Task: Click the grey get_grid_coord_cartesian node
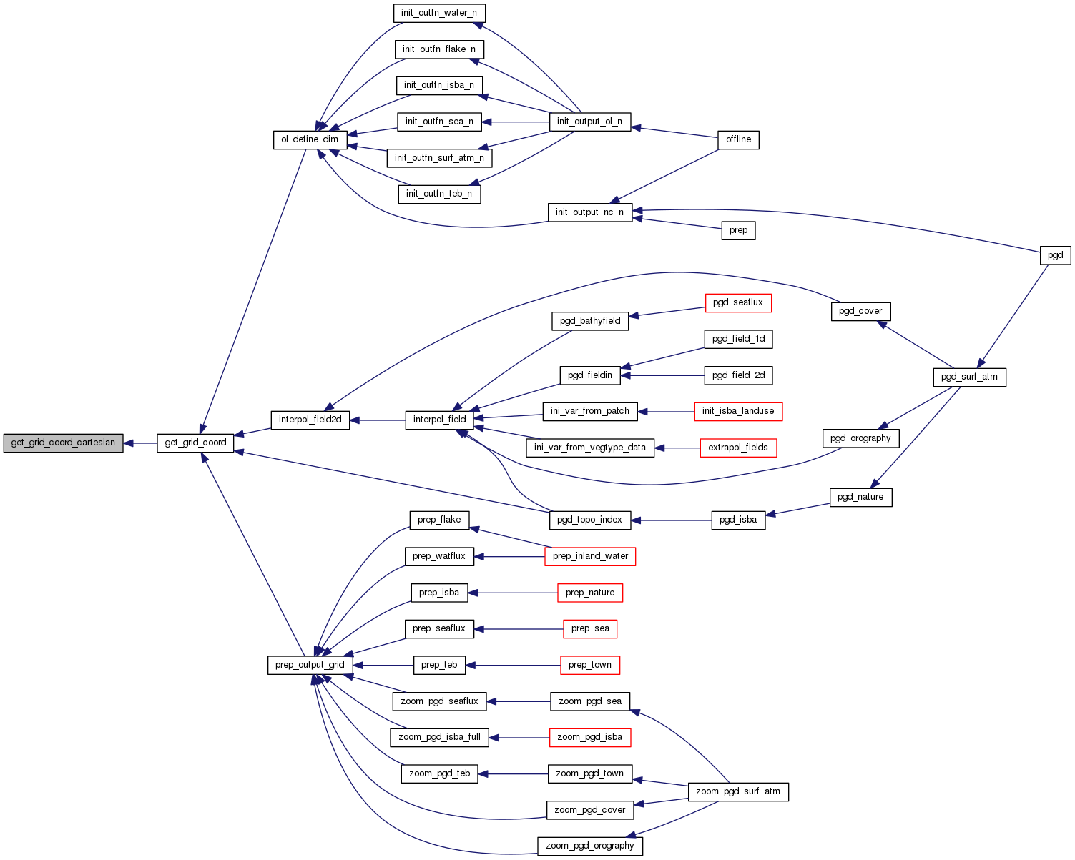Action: tap(63, 443)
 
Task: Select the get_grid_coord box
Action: tap(195, 443)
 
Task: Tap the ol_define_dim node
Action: tap(310, 139)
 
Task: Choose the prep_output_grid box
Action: tap(310, 665)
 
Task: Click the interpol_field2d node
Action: tap(310, 420)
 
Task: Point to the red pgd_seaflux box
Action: tap(738, 302)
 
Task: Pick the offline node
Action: tap(738, 139)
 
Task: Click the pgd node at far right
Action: tap(1055, 255)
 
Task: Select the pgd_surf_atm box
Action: tap(969, 377)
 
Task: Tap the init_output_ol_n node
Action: tap(589, 122)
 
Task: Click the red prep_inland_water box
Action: tap(590, 556)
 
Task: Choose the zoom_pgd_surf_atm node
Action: tap(738, 791)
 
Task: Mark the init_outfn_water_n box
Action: tap(439, 13)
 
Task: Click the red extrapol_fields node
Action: tap(738, 448)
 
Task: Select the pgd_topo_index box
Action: tap(590, 520)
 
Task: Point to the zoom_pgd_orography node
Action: tap(590, 846)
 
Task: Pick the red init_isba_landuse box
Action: tap(738, 411)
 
